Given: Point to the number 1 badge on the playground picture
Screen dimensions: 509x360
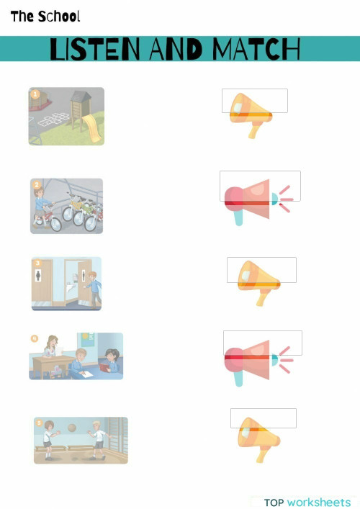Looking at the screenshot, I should (34, 94).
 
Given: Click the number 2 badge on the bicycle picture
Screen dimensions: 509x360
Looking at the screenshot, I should (36, 184).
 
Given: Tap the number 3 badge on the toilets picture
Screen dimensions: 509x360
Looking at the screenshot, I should (37, 263).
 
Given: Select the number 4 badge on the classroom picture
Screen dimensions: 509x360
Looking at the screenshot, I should (34, 338).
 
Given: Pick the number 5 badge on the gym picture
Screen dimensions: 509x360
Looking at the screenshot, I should (39, 423).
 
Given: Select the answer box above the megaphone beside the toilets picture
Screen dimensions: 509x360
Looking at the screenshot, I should (261, 269).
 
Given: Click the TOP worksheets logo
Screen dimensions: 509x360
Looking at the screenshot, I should (307, 502).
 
